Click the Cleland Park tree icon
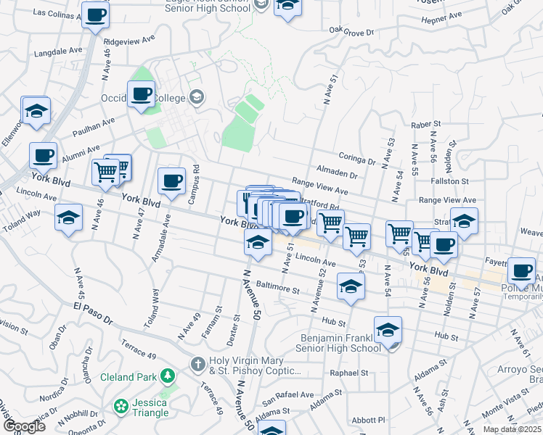[168, 376]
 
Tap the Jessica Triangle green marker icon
[121, 403]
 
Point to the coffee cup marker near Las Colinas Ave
[95, 15]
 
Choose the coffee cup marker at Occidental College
[141, 94]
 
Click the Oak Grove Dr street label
[351, 32]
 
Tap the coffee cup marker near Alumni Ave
[43, 155]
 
